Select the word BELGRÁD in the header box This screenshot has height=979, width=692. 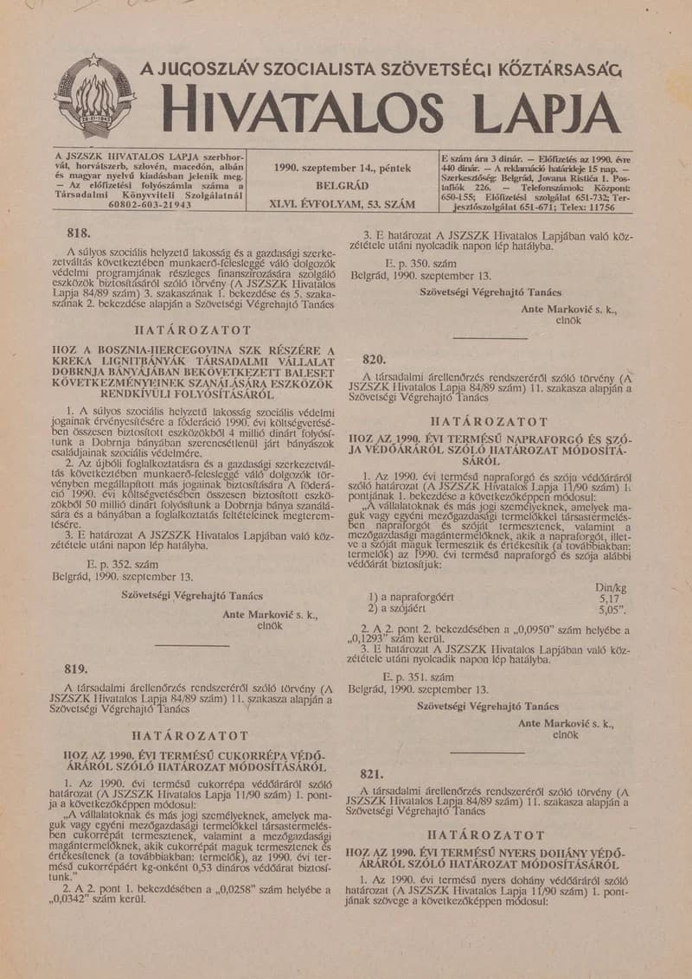click(342, 186)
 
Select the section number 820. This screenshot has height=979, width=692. click(374, 358)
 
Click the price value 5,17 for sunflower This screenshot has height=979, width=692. click(609, 597)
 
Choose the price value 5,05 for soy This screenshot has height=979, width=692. click(611, 609)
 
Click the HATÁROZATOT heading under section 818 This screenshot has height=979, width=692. click(193, 330)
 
